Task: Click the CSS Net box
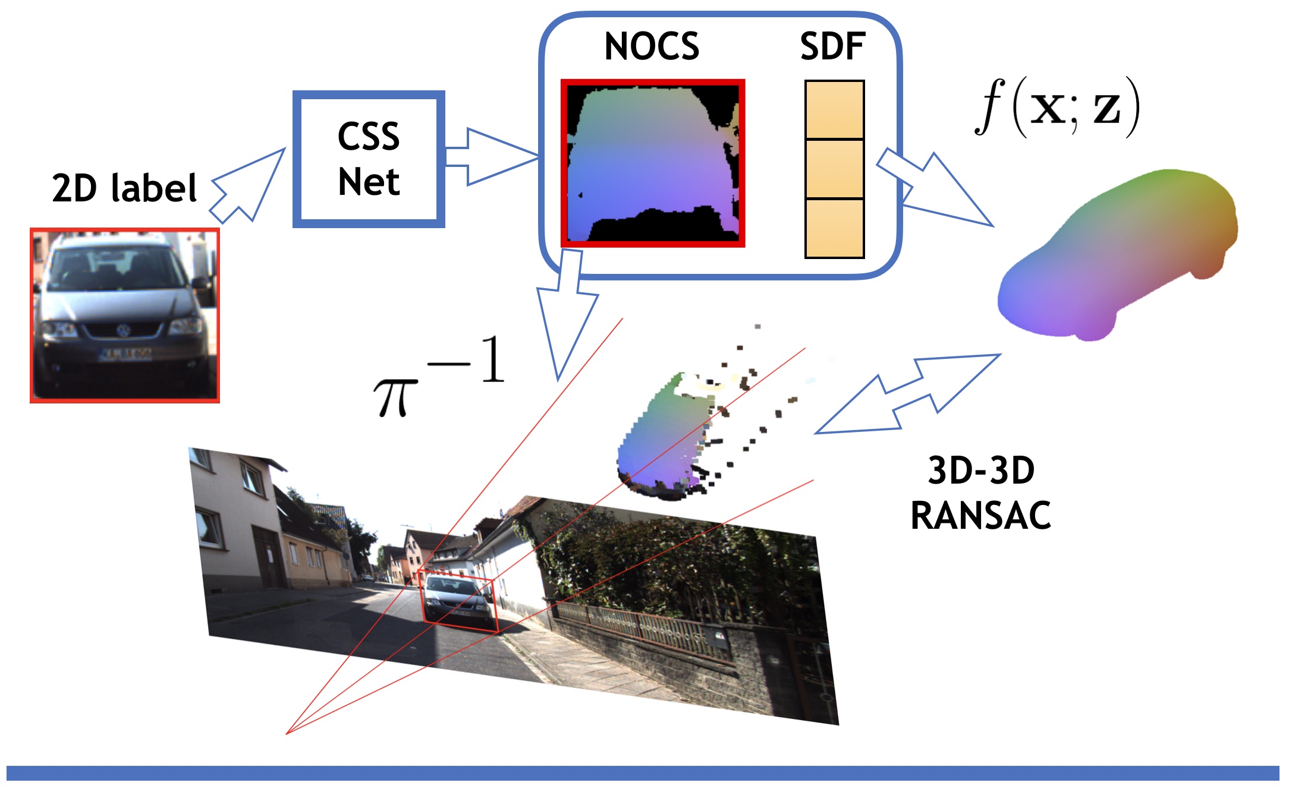[369, 159]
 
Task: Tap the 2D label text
[124, 188]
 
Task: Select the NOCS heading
[652, 46]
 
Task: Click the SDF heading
[832, 46]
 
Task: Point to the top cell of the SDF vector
[834, 110]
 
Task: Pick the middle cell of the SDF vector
[834, 169]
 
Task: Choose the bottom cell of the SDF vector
[834, 228]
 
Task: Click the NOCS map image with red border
[653, 163]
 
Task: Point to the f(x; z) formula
[1057, 108]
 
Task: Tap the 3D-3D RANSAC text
[981, 493]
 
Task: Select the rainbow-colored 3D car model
[1118, 255]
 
